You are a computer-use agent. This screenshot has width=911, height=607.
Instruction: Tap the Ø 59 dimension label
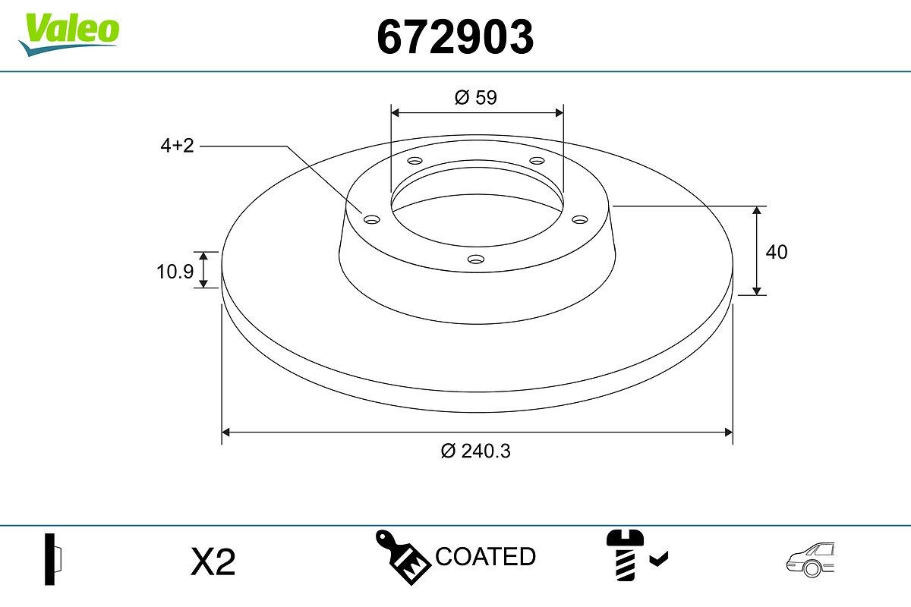click(476, 97)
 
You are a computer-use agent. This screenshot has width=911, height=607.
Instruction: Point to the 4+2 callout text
click(177, 146)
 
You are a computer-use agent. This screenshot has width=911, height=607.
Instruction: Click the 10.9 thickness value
click(175, 271)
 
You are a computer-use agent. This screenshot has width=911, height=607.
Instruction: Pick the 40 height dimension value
click(777, 252)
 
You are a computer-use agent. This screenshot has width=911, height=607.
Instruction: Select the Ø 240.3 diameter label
click(476, 451)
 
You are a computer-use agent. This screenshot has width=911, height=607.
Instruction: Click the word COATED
click(485, 557)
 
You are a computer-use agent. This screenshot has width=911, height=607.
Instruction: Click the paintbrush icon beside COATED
click(402, 557)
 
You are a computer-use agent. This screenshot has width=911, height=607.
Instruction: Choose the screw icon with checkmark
click(626, 557)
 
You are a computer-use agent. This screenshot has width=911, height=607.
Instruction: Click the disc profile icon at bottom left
click(52, 559)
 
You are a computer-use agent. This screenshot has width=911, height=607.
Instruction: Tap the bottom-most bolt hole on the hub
click(476, 259)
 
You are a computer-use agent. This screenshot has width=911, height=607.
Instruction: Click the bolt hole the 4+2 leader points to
click(371, 220)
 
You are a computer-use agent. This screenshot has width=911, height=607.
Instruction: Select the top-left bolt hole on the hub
click(415, 161)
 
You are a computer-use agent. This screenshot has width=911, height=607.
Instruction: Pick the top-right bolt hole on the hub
click(537, 161)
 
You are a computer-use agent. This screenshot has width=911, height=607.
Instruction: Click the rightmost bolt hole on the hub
click(580, 219)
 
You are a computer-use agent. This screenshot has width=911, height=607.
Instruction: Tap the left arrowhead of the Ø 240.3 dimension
click(225, 432)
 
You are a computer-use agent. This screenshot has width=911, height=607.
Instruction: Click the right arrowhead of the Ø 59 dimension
click(560, 112)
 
